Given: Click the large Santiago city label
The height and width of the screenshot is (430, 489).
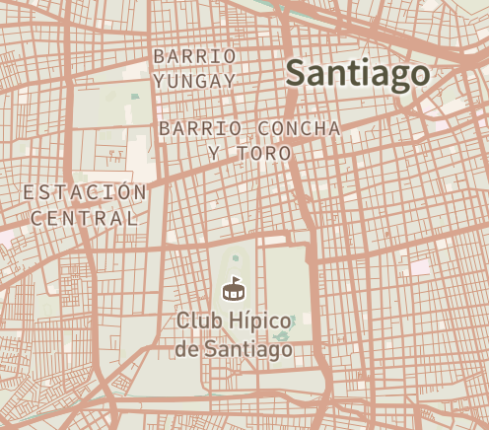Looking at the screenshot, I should [356, 74].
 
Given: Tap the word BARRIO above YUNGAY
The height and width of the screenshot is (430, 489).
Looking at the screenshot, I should [194, 55].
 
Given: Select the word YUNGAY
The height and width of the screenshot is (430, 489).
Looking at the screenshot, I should [194, 80].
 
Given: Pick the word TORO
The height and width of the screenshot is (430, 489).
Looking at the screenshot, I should [270, 154].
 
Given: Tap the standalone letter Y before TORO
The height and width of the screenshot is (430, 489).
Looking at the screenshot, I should [214, 154].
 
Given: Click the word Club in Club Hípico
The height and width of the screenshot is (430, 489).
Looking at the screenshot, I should [197, 322].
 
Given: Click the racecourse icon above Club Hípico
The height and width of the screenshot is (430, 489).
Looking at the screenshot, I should [234, 290].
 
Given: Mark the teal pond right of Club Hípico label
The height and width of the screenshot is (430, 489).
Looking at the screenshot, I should [284, 349].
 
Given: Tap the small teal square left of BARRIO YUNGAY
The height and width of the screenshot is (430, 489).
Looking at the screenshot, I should [136, 96].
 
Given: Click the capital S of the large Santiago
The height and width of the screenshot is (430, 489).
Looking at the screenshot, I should [295, 73].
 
